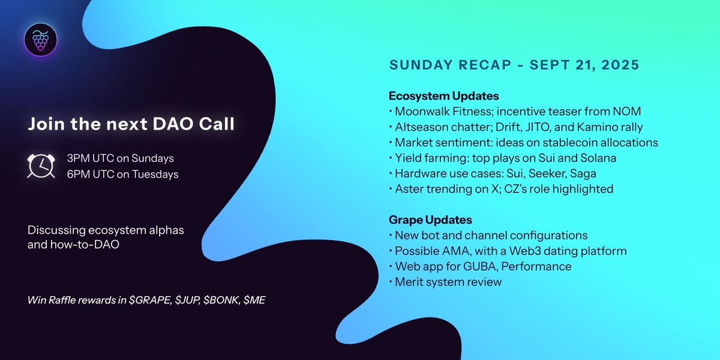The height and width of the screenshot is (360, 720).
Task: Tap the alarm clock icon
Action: pyautogui.click(x=41, y=165)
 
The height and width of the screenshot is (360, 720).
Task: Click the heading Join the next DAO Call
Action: pyautogui.click(x=131, y=124)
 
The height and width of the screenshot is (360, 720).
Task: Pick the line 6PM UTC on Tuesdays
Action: pyautogui.click(x=122, y=174)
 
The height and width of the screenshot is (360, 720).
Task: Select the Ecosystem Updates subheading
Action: pyautogui.click(x=443, y=96)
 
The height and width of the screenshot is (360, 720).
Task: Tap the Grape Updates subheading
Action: pyautogui.click(x=430, y=220)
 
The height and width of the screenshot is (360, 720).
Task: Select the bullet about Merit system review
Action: pyautogui.click(x=448, y=281)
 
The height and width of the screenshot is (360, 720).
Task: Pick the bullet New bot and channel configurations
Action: pyautogui.click(x=491, y=235)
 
